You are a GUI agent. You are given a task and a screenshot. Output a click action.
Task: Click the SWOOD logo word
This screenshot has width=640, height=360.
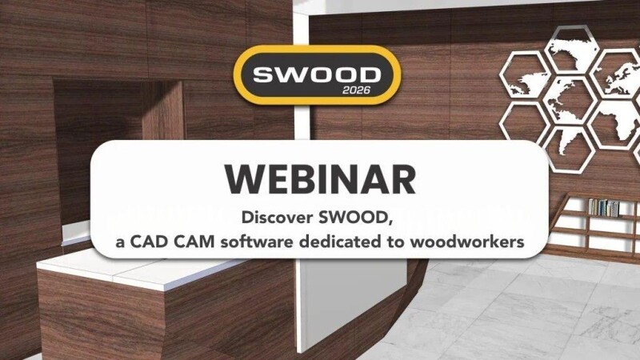(317, 75)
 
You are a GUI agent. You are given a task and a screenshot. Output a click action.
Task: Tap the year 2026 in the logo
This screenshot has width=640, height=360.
(356, 90)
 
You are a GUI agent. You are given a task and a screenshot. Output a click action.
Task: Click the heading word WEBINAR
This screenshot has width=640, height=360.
(321, 179)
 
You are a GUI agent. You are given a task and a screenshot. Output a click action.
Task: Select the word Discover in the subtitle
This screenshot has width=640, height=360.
(277, 217)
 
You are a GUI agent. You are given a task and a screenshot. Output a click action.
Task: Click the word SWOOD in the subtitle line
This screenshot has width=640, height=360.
(355, 218)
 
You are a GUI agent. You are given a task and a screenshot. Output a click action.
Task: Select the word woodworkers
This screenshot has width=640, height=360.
(467, 242)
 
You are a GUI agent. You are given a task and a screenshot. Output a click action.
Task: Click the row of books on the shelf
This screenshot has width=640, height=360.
(604, 207)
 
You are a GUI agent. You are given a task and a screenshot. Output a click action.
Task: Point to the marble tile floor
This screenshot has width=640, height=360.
(510, 310)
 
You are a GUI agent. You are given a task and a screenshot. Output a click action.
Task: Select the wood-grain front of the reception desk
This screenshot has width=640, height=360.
(163, 318)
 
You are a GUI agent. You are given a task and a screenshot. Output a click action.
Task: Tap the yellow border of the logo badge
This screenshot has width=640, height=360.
(317, 49)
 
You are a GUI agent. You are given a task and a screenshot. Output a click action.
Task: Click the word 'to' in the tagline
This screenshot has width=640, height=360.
(395, 242)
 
